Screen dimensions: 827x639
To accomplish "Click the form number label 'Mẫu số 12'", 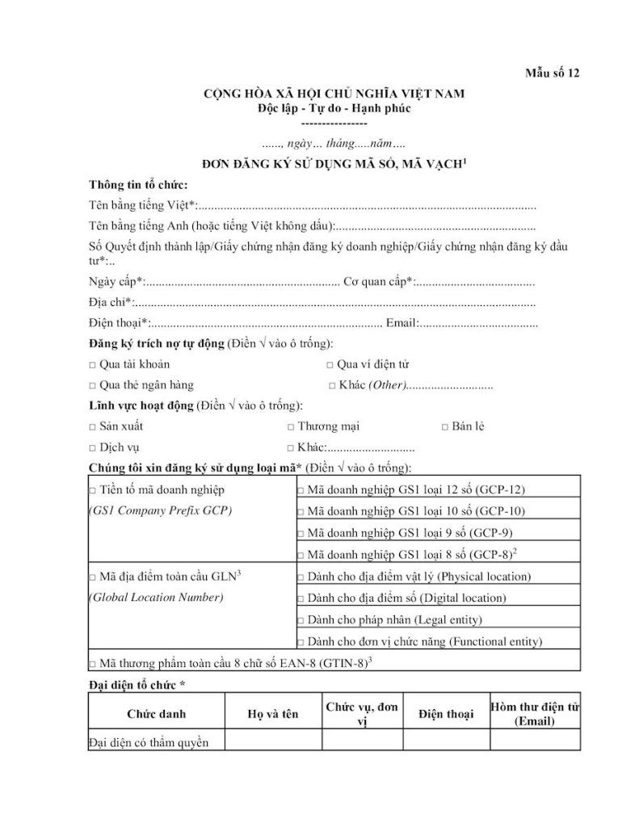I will coord(552,74).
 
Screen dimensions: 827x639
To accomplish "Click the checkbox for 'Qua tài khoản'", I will coord(92,365).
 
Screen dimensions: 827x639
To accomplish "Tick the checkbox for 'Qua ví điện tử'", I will coord(318,365).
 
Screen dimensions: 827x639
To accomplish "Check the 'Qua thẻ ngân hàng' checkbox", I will coord(92,386).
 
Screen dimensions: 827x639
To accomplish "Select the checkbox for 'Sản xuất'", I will coord(92,427).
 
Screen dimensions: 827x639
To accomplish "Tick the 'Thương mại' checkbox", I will coord(291,427).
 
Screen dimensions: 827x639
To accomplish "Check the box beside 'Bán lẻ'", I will coord(445,427).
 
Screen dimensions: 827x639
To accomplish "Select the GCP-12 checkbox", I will coord(301,491).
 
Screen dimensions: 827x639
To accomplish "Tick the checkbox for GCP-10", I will coord(301,512).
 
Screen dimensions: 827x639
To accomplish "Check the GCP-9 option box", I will coord(301,533).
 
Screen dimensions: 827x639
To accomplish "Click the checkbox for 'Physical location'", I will coord(301,578).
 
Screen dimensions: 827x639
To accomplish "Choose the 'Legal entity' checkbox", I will coord(301,621).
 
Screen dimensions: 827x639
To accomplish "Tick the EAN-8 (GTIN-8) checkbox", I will coord(92,665).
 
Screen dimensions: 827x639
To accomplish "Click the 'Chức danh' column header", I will coord(156,715).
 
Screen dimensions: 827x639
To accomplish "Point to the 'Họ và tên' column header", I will coord(272,715).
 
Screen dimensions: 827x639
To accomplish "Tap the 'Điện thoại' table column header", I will coord(446,715).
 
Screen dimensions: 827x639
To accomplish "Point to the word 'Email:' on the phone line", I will coord(402,324).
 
